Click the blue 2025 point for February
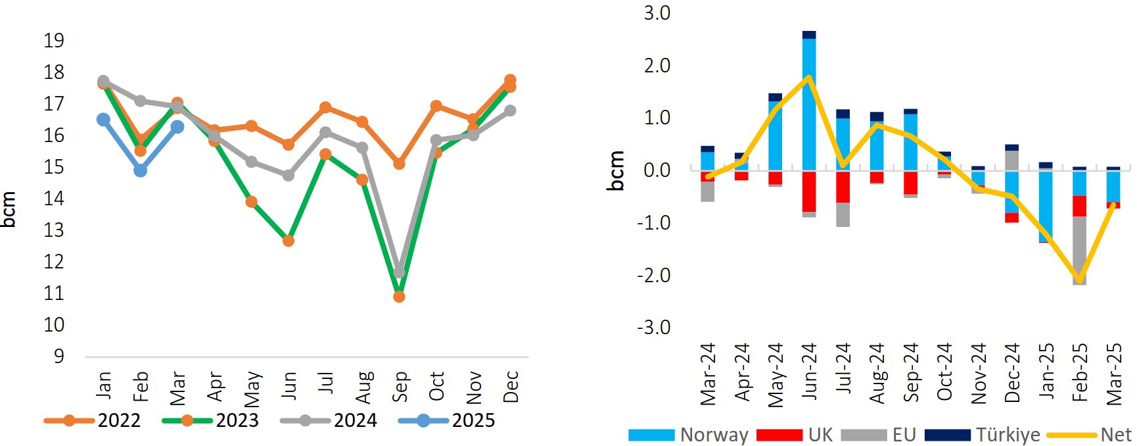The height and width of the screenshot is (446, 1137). click(140, 170)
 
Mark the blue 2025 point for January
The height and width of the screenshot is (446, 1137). click(103, 120)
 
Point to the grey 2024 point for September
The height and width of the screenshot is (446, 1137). click(399, 272)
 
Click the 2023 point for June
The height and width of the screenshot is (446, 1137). click(288, 241)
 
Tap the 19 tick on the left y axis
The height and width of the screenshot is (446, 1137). click(54, 41)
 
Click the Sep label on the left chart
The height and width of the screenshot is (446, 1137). click(400, 386)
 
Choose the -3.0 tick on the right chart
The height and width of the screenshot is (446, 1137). click(653, 327)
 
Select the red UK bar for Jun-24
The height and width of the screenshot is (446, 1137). click(809, 191)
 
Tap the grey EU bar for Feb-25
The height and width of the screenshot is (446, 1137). click(1080, 250)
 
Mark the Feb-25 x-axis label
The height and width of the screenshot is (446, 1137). click(1080, 372)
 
